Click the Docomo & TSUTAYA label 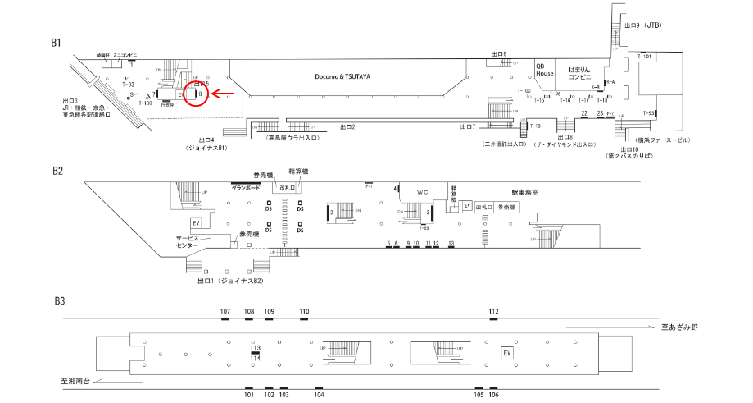(343, 76)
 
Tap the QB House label (545, 69)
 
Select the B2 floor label (58, 171)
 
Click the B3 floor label (58, 301)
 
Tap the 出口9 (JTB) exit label (642, 26)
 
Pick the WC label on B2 (422, 192)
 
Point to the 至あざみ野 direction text (680, 327)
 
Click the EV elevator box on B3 (507, 353)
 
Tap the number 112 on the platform (493, 312)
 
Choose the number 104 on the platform (319, 395)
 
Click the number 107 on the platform (225, 312)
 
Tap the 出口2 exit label (347, 128)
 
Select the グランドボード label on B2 (245, 188)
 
